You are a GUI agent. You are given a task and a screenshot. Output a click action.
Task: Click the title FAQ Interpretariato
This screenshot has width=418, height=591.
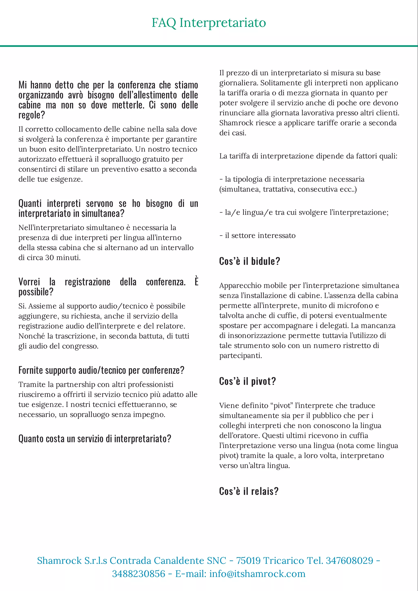coord(209,23)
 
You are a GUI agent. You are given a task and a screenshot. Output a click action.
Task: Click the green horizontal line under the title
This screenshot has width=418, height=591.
coord(209,46)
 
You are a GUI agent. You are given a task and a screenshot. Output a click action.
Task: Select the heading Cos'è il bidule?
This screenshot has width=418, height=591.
coord(249,261)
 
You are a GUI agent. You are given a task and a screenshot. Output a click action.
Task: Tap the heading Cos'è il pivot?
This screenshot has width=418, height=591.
coord(247,381)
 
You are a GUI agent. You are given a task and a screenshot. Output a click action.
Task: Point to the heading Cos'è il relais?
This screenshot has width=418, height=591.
coord(249,491)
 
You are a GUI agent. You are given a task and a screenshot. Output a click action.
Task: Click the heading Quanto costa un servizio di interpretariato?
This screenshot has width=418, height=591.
coord(95,438)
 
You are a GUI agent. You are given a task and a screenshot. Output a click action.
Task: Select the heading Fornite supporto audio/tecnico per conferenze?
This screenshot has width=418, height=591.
coord(101,370)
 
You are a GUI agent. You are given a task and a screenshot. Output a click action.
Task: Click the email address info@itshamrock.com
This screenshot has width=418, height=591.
coord(257,574)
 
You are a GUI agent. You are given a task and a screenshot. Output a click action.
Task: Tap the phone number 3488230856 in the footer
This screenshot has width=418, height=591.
coord(138,574)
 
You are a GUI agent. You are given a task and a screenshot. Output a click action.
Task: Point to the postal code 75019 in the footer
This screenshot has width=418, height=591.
coord(248,561)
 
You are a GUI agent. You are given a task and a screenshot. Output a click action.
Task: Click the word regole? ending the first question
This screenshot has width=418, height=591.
coord(32,115)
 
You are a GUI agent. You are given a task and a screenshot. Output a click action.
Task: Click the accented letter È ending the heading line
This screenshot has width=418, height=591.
coord(196,281)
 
